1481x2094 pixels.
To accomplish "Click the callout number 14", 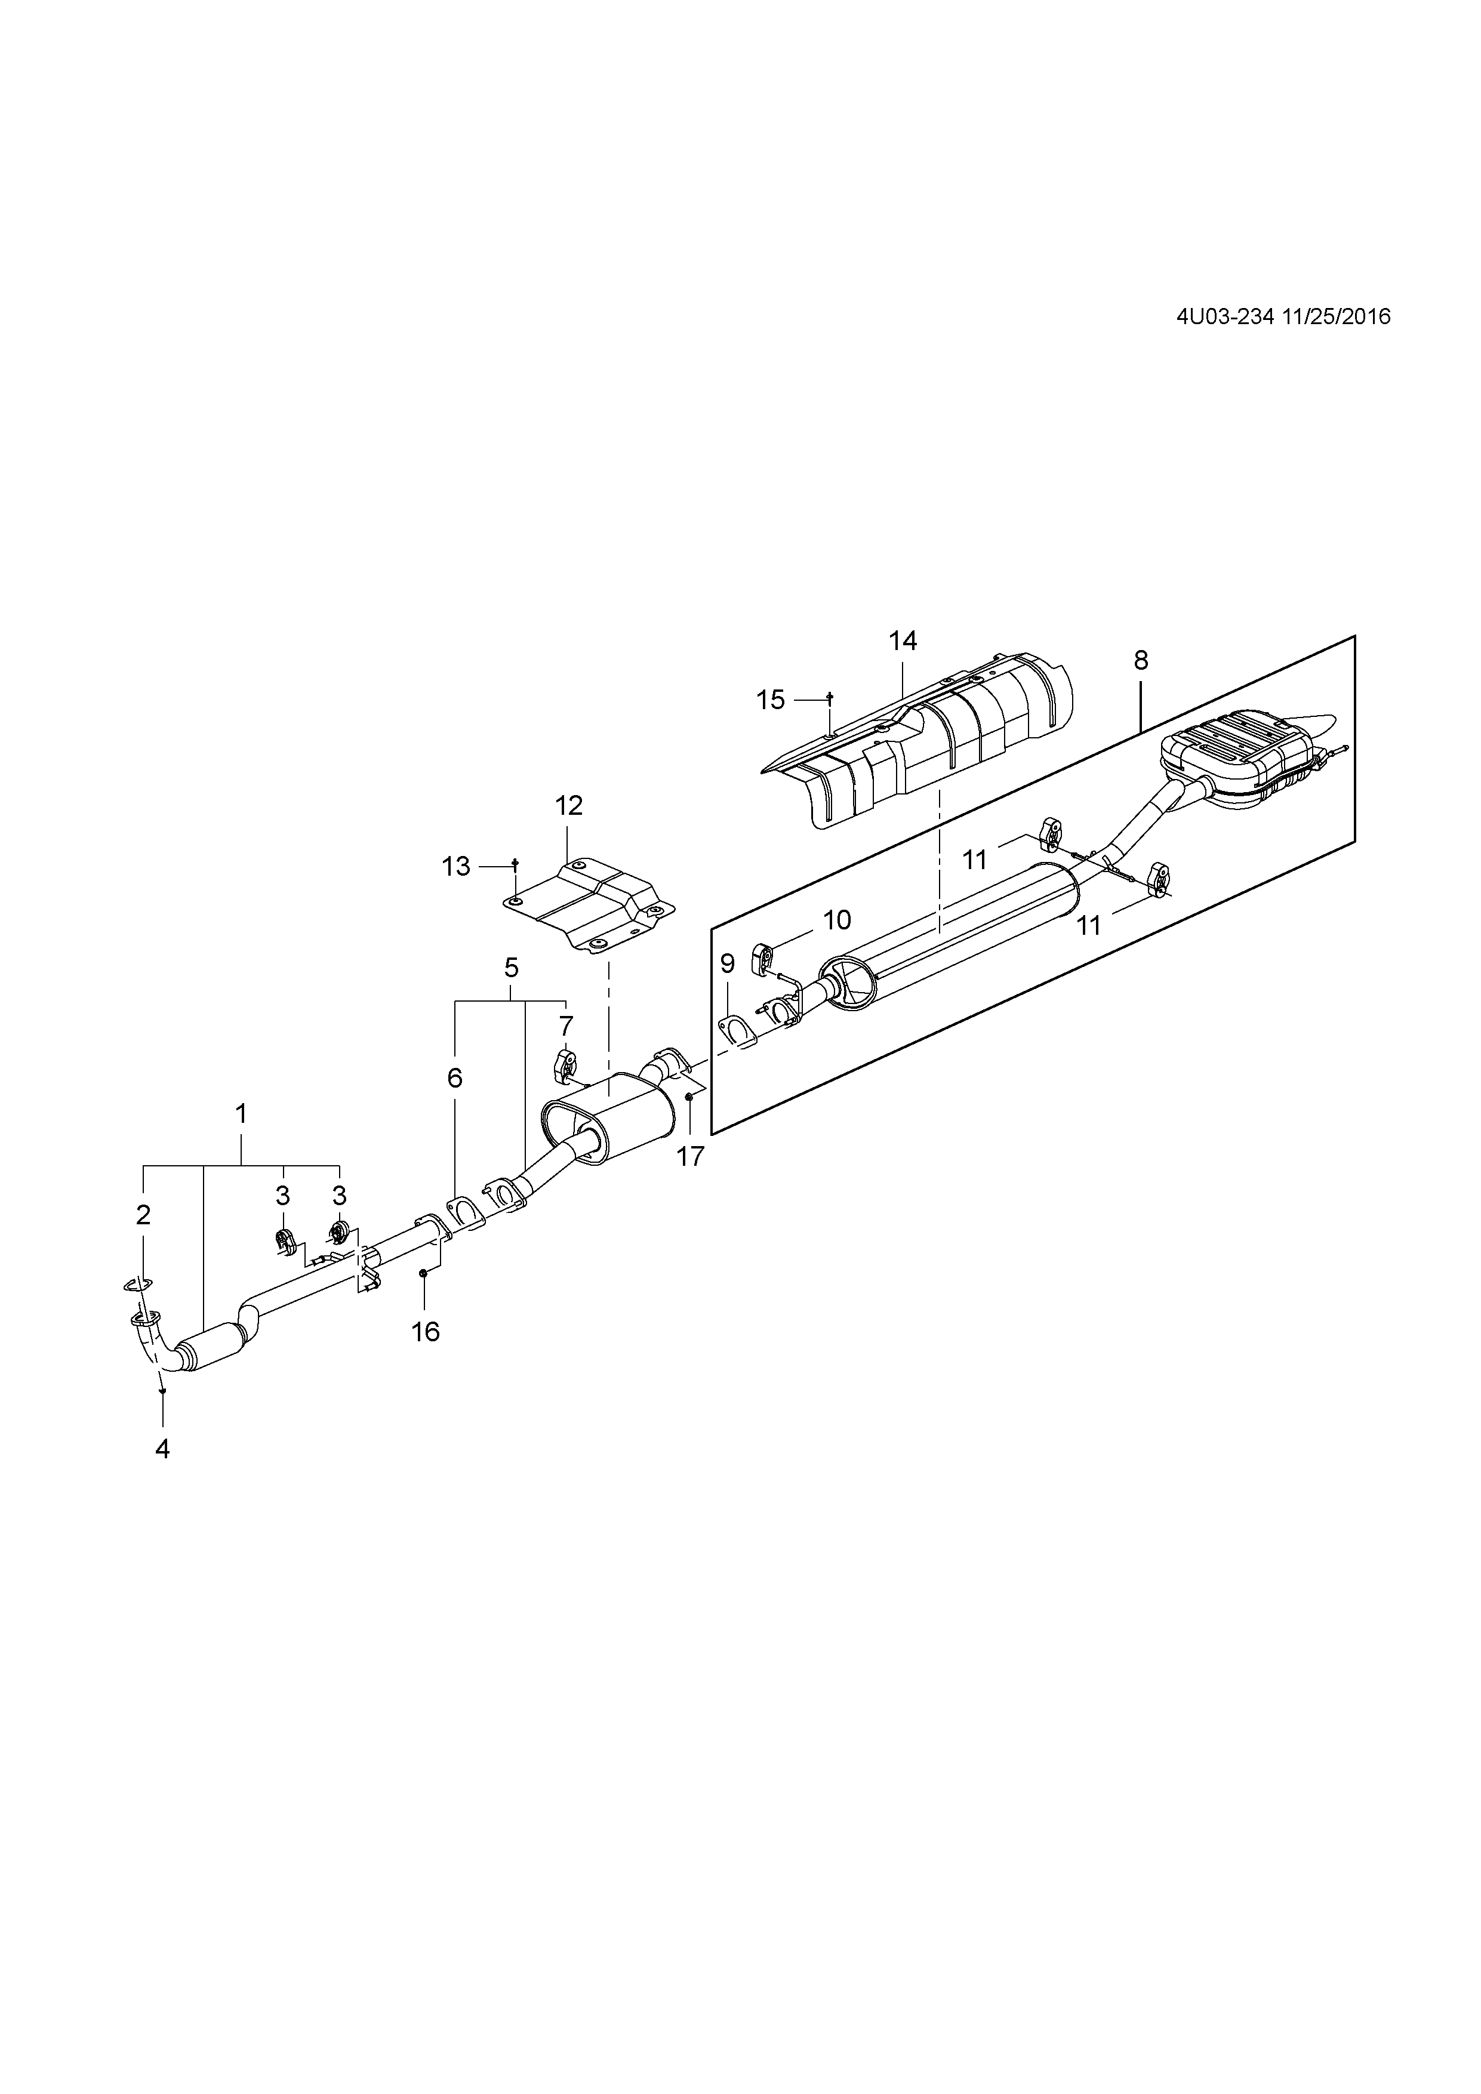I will (x=902, y=641).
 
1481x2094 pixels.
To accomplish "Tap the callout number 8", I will (x=1141, y=660).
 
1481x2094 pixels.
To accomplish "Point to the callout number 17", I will (x=690, y=1156).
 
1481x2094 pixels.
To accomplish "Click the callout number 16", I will (x=425, y=1332).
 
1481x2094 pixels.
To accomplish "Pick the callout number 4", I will (x=162, y=1449).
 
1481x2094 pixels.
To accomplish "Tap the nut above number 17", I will (x=689, y=1097).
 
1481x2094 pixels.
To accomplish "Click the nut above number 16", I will (x=423, y=1273).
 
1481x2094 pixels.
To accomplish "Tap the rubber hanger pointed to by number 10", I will (x=762, y=959).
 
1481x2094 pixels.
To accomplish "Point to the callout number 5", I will (x=511, y=968).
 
